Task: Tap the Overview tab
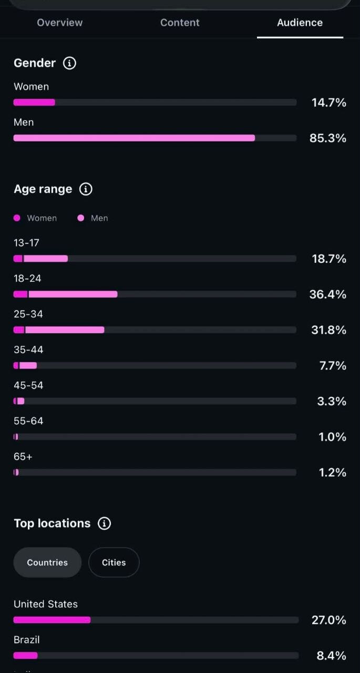click(60, 23)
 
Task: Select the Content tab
click(180, 23)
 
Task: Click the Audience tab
click(300, 23)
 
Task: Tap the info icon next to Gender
click(69, 63)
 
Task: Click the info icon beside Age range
click(86, 189)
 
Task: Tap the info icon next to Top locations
click(104, 523)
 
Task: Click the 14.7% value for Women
click(329, 103)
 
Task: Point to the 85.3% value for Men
click(328, 138)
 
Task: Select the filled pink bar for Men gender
click(134, 138)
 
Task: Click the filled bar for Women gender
click(34, 103)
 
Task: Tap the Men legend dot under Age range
click(81, 218)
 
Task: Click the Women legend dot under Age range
click(17, 218)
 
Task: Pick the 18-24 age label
click(27, 279)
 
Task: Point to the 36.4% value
click(328, 294)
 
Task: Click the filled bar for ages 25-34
click(59, 330)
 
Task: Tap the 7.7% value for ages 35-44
click(333, 365)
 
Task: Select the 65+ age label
click(23, 457)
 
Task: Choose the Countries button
click(47, 563)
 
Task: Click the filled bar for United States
click(52, 620)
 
